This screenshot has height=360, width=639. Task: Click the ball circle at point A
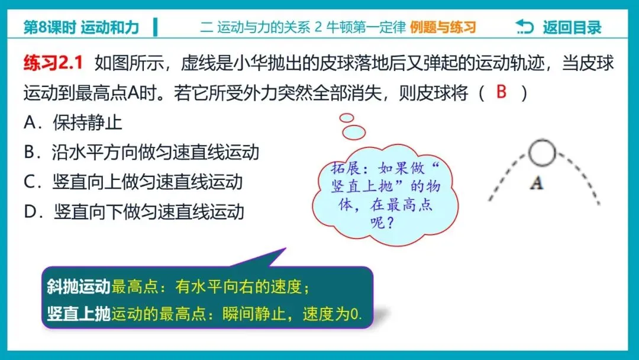(x=541, y=153)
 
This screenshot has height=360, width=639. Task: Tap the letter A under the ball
(x=536, y=184)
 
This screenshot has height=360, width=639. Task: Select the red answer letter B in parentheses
(x=502, y=92)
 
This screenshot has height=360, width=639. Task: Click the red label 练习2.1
(x=53, y=63)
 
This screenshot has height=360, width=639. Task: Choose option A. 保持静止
(x=73, y=123)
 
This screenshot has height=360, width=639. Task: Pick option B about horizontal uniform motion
(x=141, y=152)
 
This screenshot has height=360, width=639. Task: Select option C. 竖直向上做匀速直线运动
(x=133, y=181)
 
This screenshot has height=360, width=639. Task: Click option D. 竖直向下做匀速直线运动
(x=134, y=211)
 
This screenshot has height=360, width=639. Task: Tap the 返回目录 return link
(x=572, y=27)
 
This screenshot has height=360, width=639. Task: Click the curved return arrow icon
(x=524, y=27)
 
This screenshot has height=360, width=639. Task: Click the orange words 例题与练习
(x=443, y=27)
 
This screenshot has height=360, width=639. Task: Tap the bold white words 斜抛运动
(x=79, y=287)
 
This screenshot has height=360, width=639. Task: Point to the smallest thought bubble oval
(x=346, y=117)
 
